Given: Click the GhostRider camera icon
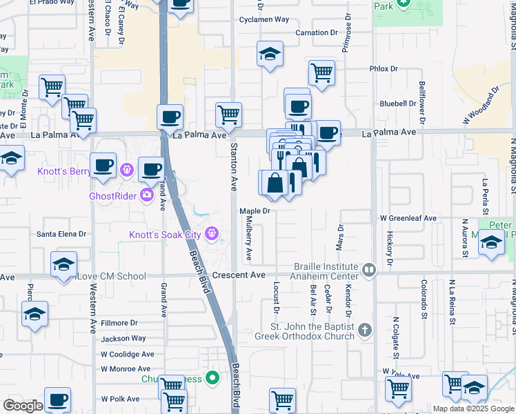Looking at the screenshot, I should click(x=146, y=195).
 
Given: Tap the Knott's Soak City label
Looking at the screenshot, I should click(x=165, y=235).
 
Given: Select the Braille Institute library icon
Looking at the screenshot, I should click(x=369, y=270).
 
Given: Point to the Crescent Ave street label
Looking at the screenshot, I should click(x=239, y=275).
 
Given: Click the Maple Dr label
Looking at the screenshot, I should click(x=254, y=211).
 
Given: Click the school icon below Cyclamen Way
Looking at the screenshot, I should click(x=270, y=55).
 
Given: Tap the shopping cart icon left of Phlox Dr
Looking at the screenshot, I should click(x=321, y=72).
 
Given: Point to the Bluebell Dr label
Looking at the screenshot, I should click(x=398, y=103).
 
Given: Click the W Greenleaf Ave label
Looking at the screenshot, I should click(x=408, y=218).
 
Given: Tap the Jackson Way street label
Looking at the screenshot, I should click(x=123, y=339).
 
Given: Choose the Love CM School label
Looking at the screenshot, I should click(x=112, y=277).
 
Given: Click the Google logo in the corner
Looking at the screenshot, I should click(x=23, y=406).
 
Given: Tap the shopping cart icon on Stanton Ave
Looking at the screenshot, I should click(x=228, y=114).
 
